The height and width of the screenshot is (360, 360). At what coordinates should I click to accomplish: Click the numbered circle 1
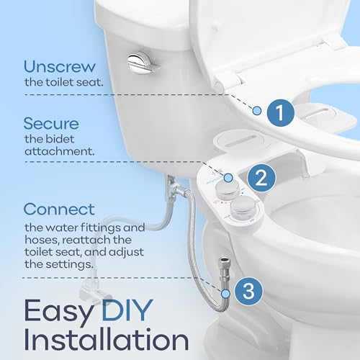pyautogui.click(x=280, y=112)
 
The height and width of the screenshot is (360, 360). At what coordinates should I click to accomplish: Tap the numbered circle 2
pyautogui.click(x=261, y=178)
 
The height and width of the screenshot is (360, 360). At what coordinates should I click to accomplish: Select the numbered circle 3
pyautogui.click(x=248, y=291)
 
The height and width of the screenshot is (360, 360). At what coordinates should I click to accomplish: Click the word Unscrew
pyautogui.click(x=60, y=66)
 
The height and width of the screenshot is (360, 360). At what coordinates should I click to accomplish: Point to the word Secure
pyautogui.click(x=51, y=123)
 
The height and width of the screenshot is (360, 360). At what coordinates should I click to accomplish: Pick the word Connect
pyautogui.click(x=59, y=209)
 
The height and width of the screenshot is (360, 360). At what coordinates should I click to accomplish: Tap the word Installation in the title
pyautogui.click(x=107, y=339)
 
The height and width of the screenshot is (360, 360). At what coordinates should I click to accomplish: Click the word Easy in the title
pyautogui.click(x=58, y=312)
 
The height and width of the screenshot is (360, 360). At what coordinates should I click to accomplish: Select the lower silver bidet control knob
pyautogui.click(x=243, y=207)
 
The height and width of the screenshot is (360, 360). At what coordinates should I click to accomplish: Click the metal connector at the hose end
pyautogui.click(x=224, y=266)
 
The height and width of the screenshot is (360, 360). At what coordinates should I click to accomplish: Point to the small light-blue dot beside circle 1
pyautogui.click(x=257, y=111)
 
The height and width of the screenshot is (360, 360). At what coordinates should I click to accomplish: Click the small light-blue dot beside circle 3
pyautogui.click(x=225, y=294)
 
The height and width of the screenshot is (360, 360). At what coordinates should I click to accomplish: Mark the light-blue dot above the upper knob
pyautogui.click(x=228, y=178)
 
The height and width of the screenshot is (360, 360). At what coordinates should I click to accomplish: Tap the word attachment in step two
pyautogui.click(x=59, y=151)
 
